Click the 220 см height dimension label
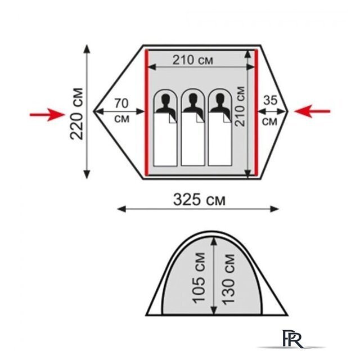[x=76, y=114]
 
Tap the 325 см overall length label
[x=199, y=200]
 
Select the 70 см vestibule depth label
[x=121, y=111]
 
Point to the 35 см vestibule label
[x=270, y=111]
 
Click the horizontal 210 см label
[x=193, y=60]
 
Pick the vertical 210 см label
[x=240, y=106]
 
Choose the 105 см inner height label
[x=199, y=278]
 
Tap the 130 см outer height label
[x=229, y=280]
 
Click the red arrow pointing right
[x=48, y=114]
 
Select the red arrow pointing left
[x=312, y=111]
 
